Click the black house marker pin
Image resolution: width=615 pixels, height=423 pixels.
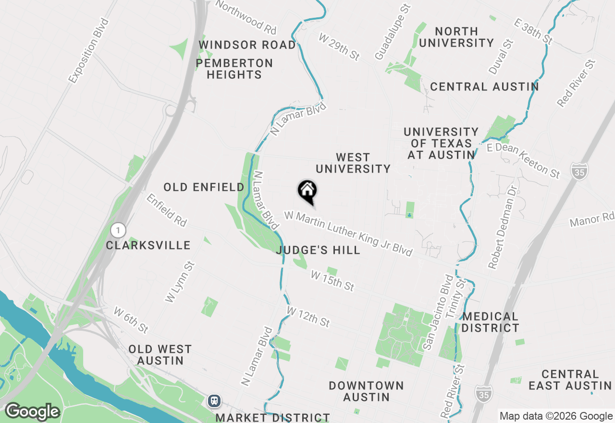[307, 191]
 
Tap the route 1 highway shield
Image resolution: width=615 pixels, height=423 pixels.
[116, 229]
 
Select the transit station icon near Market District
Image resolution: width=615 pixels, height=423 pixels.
[214, 400]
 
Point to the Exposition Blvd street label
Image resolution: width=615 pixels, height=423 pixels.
[89, 51]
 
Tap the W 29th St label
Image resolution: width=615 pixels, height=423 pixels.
[339, 47]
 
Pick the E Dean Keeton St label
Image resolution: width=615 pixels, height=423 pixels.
[523, 160]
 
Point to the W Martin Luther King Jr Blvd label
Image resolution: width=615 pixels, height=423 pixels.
[348, 233]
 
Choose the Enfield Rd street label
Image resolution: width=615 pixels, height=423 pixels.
[166, 210]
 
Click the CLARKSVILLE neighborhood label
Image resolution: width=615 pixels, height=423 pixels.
[148, 245]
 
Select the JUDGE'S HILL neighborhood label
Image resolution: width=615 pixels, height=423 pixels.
[318, 250]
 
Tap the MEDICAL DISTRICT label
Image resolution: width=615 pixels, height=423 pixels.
[490, 322]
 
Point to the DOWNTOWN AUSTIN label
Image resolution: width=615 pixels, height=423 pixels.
[366, 391]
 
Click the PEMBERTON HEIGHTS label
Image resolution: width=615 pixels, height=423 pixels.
[234, 69]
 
